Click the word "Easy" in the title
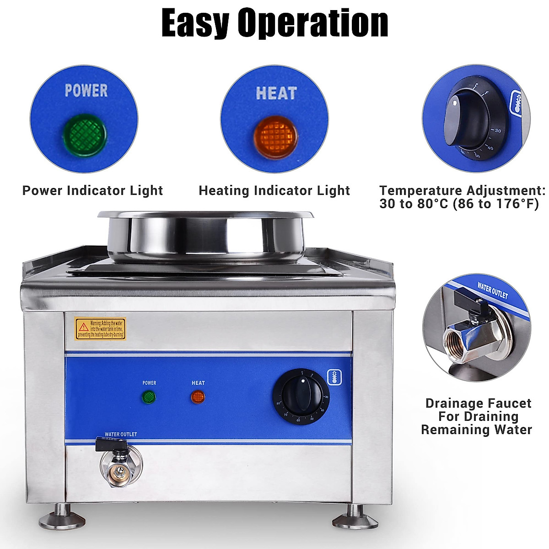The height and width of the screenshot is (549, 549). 198,23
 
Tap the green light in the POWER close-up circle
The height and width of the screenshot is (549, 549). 85,135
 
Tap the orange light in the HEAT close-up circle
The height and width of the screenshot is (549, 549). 275,137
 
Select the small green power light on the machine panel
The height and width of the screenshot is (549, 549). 149,396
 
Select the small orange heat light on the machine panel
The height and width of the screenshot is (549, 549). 198,396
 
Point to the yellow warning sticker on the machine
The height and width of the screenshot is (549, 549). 100,328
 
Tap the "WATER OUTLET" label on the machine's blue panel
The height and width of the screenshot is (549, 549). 121,434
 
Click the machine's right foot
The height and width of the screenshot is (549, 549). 354,517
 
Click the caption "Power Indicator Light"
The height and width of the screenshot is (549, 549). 92,190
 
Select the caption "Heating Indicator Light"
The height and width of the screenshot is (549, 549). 274,190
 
